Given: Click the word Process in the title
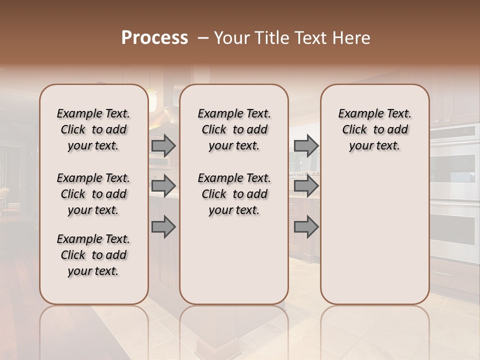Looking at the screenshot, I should click(x=154, y=38).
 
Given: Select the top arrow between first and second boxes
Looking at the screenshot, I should click(x=163, y=145).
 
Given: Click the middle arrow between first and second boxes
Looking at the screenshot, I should click(x=163, y=186).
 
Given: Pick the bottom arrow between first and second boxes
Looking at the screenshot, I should click(x=163, y=227).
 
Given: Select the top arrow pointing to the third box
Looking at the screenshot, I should click(x=306, y=145).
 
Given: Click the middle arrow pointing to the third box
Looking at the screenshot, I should click(x=306, y=186).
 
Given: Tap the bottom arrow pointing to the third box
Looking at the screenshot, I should click(x=306, y=227).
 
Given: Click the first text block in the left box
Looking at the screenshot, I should click(x=93, y=129).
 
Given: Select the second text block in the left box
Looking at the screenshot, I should click(x=93, y=194).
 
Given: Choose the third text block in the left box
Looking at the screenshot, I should click(x=93, y=255).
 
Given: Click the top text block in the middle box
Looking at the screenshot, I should click(x=234, y=129).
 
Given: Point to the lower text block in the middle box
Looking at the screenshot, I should click(x=234, y=194).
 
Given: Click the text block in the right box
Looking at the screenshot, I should click(x=374, y=129).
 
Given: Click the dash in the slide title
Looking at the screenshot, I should click(x=203, y=38).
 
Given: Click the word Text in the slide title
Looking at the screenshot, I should click(x=310, y=38).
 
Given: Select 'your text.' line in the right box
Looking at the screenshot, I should click(x=374, y=146).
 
